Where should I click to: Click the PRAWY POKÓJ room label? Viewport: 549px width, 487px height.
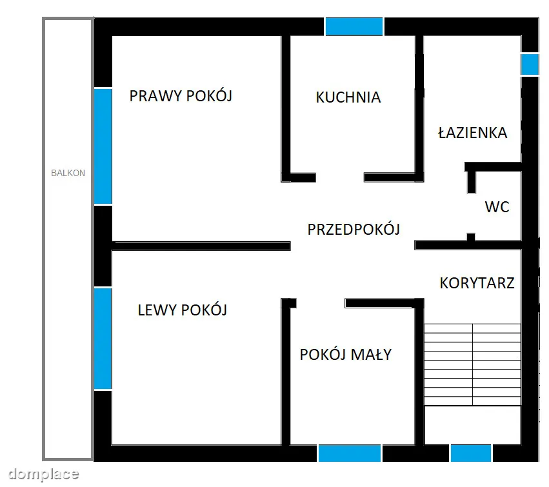tap(181, 95)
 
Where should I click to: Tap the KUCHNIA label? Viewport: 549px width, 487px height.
tap(348, 97)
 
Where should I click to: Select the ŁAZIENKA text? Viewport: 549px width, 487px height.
tap(473, 133)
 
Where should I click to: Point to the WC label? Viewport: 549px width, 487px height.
tap(497, 207)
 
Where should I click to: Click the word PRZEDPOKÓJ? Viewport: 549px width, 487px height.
tap(354, 230)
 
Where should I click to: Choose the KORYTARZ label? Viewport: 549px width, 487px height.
tap(477, 283)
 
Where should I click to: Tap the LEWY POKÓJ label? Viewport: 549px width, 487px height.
tap(183, 310)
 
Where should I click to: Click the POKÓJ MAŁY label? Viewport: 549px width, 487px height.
tap(346, 355)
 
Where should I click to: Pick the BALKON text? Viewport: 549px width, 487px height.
tap(68, 173)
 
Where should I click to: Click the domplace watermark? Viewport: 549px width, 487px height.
tap(43, 474)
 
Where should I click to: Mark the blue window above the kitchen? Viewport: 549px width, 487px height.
tap(354, 26)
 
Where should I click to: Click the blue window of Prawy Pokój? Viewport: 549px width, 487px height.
tap(103, 146)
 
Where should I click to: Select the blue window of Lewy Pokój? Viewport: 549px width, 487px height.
tap(103, 339)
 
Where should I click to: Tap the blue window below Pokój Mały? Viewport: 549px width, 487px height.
tap(350, 453)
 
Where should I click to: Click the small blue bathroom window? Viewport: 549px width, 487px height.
tap(530, 64)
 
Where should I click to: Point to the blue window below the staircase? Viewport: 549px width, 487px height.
tap(470, 453)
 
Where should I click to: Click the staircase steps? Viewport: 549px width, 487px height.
tap(472, 364)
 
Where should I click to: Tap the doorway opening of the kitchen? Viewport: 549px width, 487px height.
tap(340, 177)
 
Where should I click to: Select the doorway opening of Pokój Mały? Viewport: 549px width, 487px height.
tap(321, 303)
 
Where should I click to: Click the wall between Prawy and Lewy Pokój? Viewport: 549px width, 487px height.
tap(201, 246)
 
